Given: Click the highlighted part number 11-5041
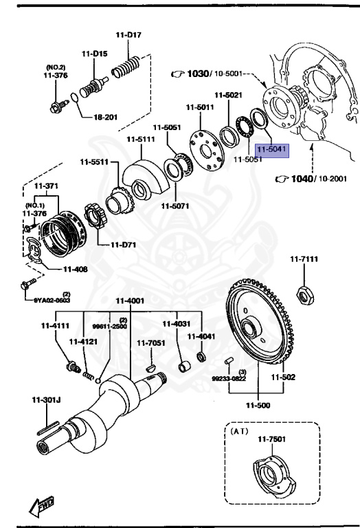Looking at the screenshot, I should pyautogui.click(x=272, y=148).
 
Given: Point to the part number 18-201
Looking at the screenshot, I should pyautogui.click(x=106, y=118).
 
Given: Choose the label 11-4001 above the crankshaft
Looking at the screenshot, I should pyautogui.click(x=130, y=300).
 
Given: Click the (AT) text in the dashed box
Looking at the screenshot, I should pyautogui.click(x=239, y=432).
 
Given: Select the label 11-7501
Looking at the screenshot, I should pyautogui.click(x=271, y=440).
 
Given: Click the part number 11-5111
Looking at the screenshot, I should pyautogui.click(x=140, y=140).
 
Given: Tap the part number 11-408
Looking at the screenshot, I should pyautogui.click(x=76, y=269).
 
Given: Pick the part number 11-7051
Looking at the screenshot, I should pyautogui.click(x=150, y=342).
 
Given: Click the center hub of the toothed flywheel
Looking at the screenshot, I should pyautogui.click(x=249, y=327).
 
